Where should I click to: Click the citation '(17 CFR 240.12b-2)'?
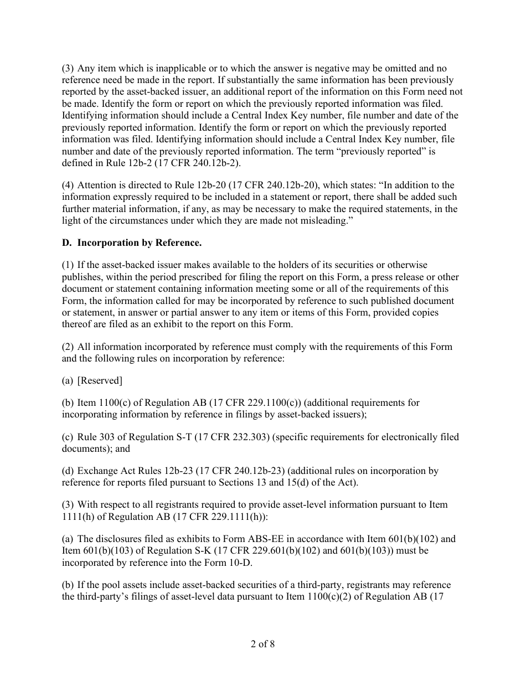point(179,163)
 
